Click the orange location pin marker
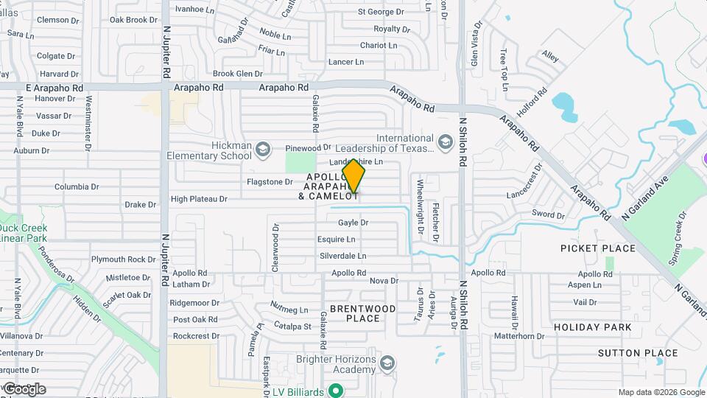pyautogui.click(x=354, y=177)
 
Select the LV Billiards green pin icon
pyautogui.click(x=336, y=391)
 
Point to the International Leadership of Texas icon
pyautogui.click(x=445, y=142)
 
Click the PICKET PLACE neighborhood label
pyautogui.click(x=597, y=248)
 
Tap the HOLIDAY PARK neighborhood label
pyautogui.click(x=592, y=327)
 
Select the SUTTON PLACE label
pyautogui.click(x=638, y=353)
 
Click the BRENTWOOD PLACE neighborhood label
pyautogui.click(x=362, y=313)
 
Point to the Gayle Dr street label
pyautogui.click(x=353, y=223)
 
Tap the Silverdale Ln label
pyautogui.click(x=342, y=256)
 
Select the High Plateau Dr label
pyautogui.click(x=199, y=199)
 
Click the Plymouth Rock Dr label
pyautogui.click(x=119, y=259)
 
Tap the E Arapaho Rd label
pyautogui.click(x=54, y=87)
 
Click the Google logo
pyautogui.click(x=24, y=389)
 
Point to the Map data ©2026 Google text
pyautogui.click(x=661, y=392)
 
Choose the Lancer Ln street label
pyautogui.click(x=346, y=62)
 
